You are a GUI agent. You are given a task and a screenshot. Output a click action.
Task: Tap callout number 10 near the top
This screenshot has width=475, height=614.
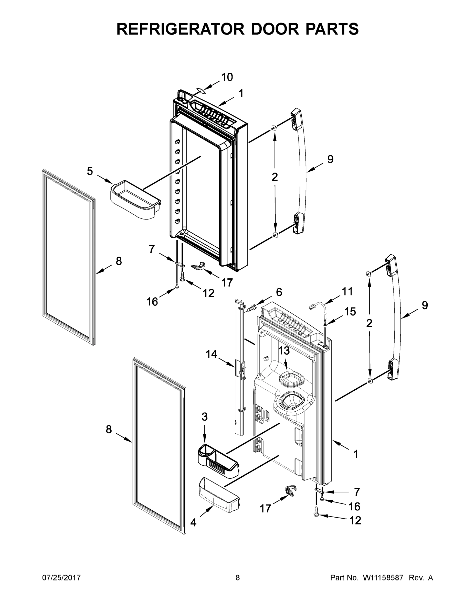point(227,77)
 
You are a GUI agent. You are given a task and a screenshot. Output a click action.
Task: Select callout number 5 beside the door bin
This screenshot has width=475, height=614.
point(90,171)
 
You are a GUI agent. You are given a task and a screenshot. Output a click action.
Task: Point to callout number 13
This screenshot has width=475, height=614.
point(284,350)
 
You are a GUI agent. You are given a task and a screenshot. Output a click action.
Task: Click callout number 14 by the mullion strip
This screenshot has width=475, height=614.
point(211,354)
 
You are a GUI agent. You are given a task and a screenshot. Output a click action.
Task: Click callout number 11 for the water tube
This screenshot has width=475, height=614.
point(347,292)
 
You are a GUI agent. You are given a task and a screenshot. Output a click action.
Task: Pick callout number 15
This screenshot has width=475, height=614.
point(350,312)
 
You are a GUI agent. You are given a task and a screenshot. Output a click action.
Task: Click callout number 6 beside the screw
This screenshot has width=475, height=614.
point(279,292)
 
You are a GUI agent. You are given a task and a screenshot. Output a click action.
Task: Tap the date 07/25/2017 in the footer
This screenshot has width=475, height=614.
point(61,578)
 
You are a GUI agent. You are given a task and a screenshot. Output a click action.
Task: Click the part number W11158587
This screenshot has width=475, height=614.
point(383,578)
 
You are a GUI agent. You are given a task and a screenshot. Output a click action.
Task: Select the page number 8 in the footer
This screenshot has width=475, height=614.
point(238,578)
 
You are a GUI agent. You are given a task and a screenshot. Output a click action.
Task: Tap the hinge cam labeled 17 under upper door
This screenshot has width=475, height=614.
point(199,266)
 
